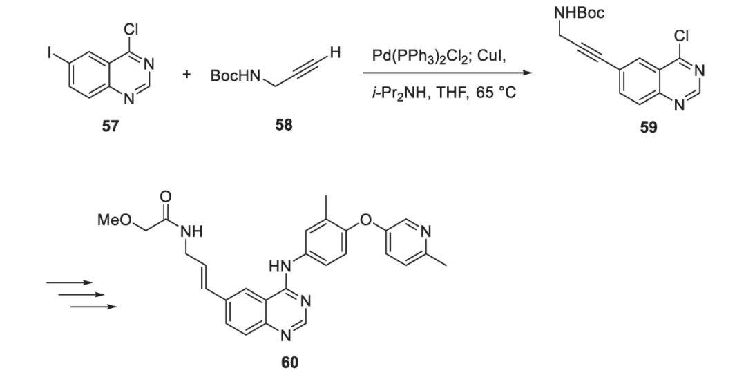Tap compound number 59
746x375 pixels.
(x=648, y=128)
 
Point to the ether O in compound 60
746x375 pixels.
(x=366, y=221)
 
